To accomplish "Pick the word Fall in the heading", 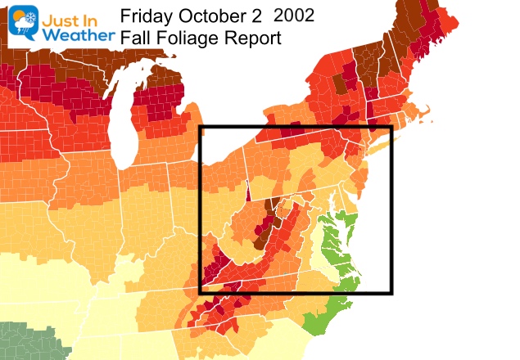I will [x=134, y=38].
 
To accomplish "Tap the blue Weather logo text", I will [x=74, y=37].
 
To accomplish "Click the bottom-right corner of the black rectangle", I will [x=391, y=292].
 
